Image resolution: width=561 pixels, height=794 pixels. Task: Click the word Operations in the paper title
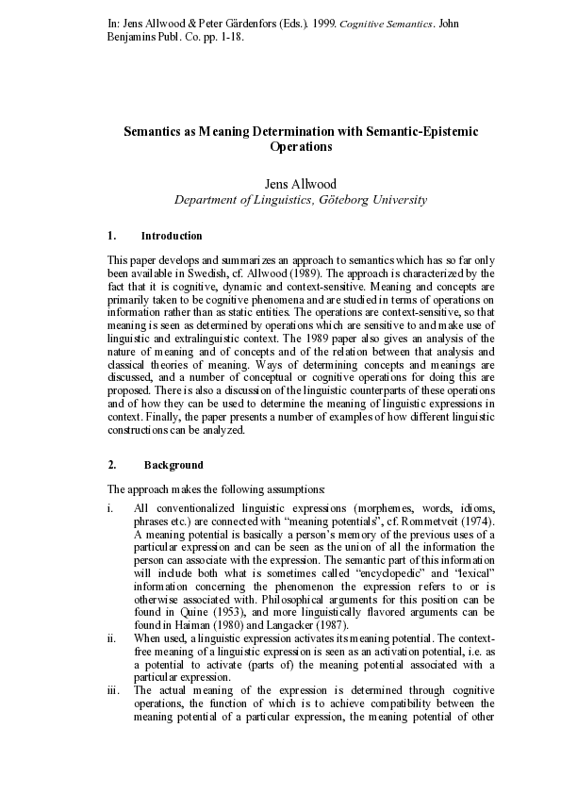(301, 147)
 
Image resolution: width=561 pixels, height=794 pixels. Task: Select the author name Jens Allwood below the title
(301, 183)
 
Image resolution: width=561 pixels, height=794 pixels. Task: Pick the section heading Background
(173, 465)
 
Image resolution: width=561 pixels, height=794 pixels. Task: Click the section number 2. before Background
(112, 465)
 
